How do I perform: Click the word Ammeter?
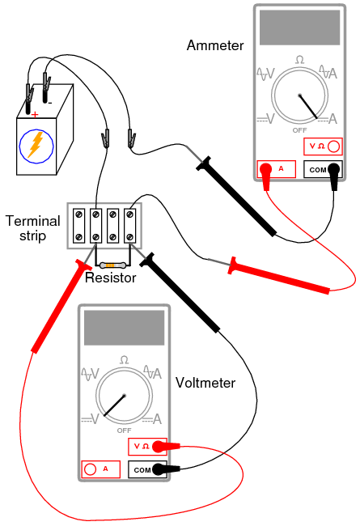(x=215, y=45)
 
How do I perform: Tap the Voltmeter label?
(x=205, y=383)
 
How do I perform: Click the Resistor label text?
(x=110, y=278)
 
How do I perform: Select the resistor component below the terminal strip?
(x=112, y=265)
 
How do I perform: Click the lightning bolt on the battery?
(x=36, y=145)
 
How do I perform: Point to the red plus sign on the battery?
(x=35, y=115)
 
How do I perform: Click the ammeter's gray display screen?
(x=299, y=28)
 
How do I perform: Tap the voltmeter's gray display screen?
(x=124, y=328)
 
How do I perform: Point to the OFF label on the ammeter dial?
(x=299, y=130)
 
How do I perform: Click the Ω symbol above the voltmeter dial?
(x=124, y=360)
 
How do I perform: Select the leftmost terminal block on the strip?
(x=78, y=226)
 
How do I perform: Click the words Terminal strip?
(x=32, y=228)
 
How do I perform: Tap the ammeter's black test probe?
(x=236, y=197)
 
